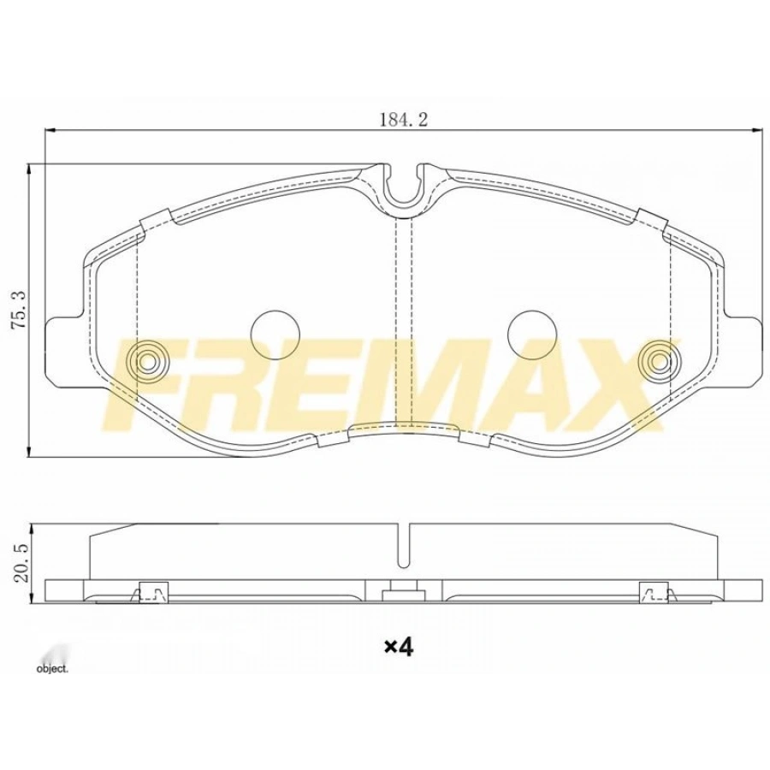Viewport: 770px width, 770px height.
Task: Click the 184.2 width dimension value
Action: coord(403,119)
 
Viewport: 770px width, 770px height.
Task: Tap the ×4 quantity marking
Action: coord(398,648)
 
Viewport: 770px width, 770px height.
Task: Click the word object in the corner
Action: coord(51,668)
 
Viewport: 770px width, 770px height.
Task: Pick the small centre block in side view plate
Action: coord(402,590)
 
